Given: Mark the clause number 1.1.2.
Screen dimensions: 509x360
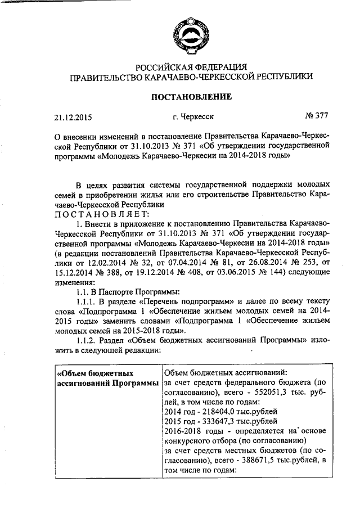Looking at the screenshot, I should click(87, 341).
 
